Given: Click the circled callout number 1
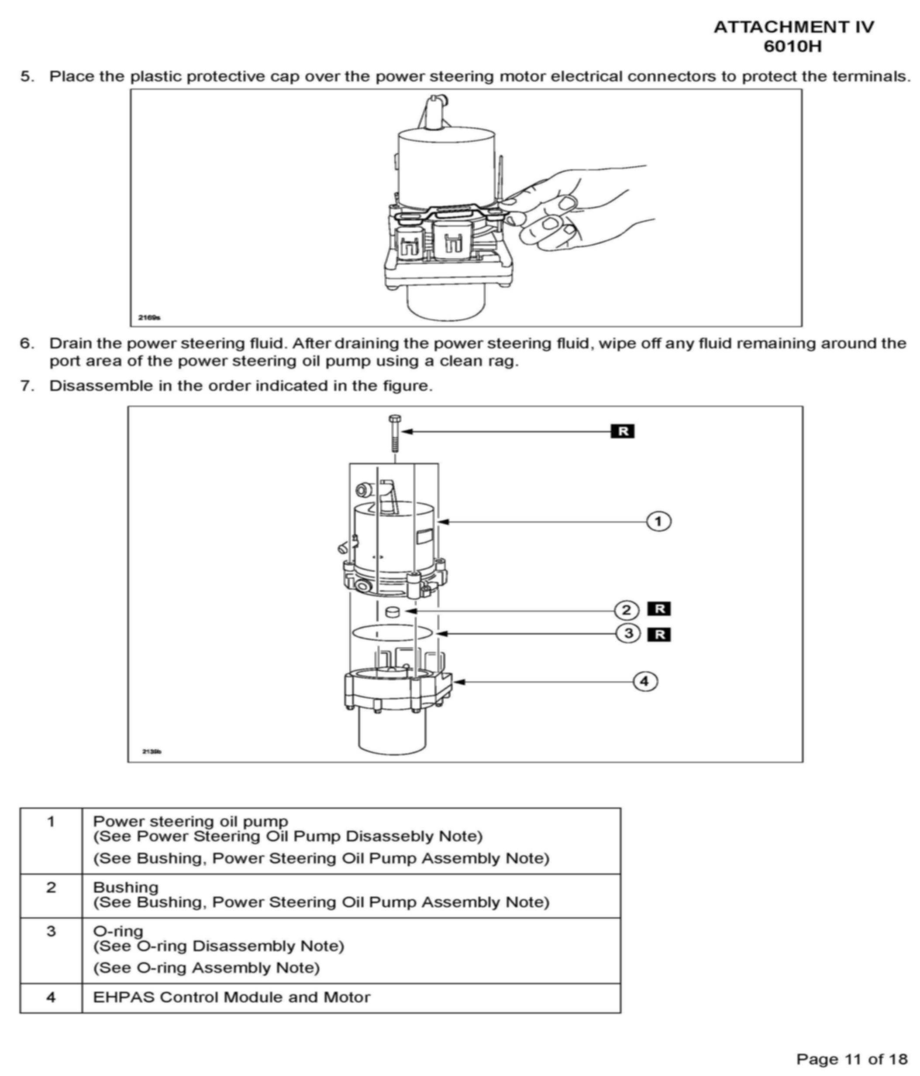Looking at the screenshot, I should click(x=658, y=521).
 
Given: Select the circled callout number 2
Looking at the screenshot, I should click(x=626, y=610).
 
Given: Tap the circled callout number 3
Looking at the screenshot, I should click(x=628, y=634).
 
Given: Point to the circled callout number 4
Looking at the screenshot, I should click(x=644, y=681).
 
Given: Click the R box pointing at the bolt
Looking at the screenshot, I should click(x=622, y=431).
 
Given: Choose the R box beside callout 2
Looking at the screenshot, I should click(x=658, y=609).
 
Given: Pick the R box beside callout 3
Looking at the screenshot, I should click(x=658, y=634).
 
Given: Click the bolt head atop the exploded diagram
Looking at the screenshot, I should click(x=394, y=419).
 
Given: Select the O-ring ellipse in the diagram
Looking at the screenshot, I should click(x=392, y=632).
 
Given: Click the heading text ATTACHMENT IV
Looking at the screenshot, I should click(x=793, y=27).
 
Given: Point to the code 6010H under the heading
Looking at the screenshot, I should click(x=793, y=46).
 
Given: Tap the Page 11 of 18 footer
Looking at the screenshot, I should click(x=851, y=1054).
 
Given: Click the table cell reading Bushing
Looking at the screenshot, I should click(x=125, y=887).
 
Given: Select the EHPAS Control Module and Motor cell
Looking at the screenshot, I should click(x=231, y=997).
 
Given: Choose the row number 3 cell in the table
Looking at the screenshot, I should click(x=51, y=931).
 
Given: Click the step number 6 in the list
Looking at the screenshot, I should click(x=27, y=343).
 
